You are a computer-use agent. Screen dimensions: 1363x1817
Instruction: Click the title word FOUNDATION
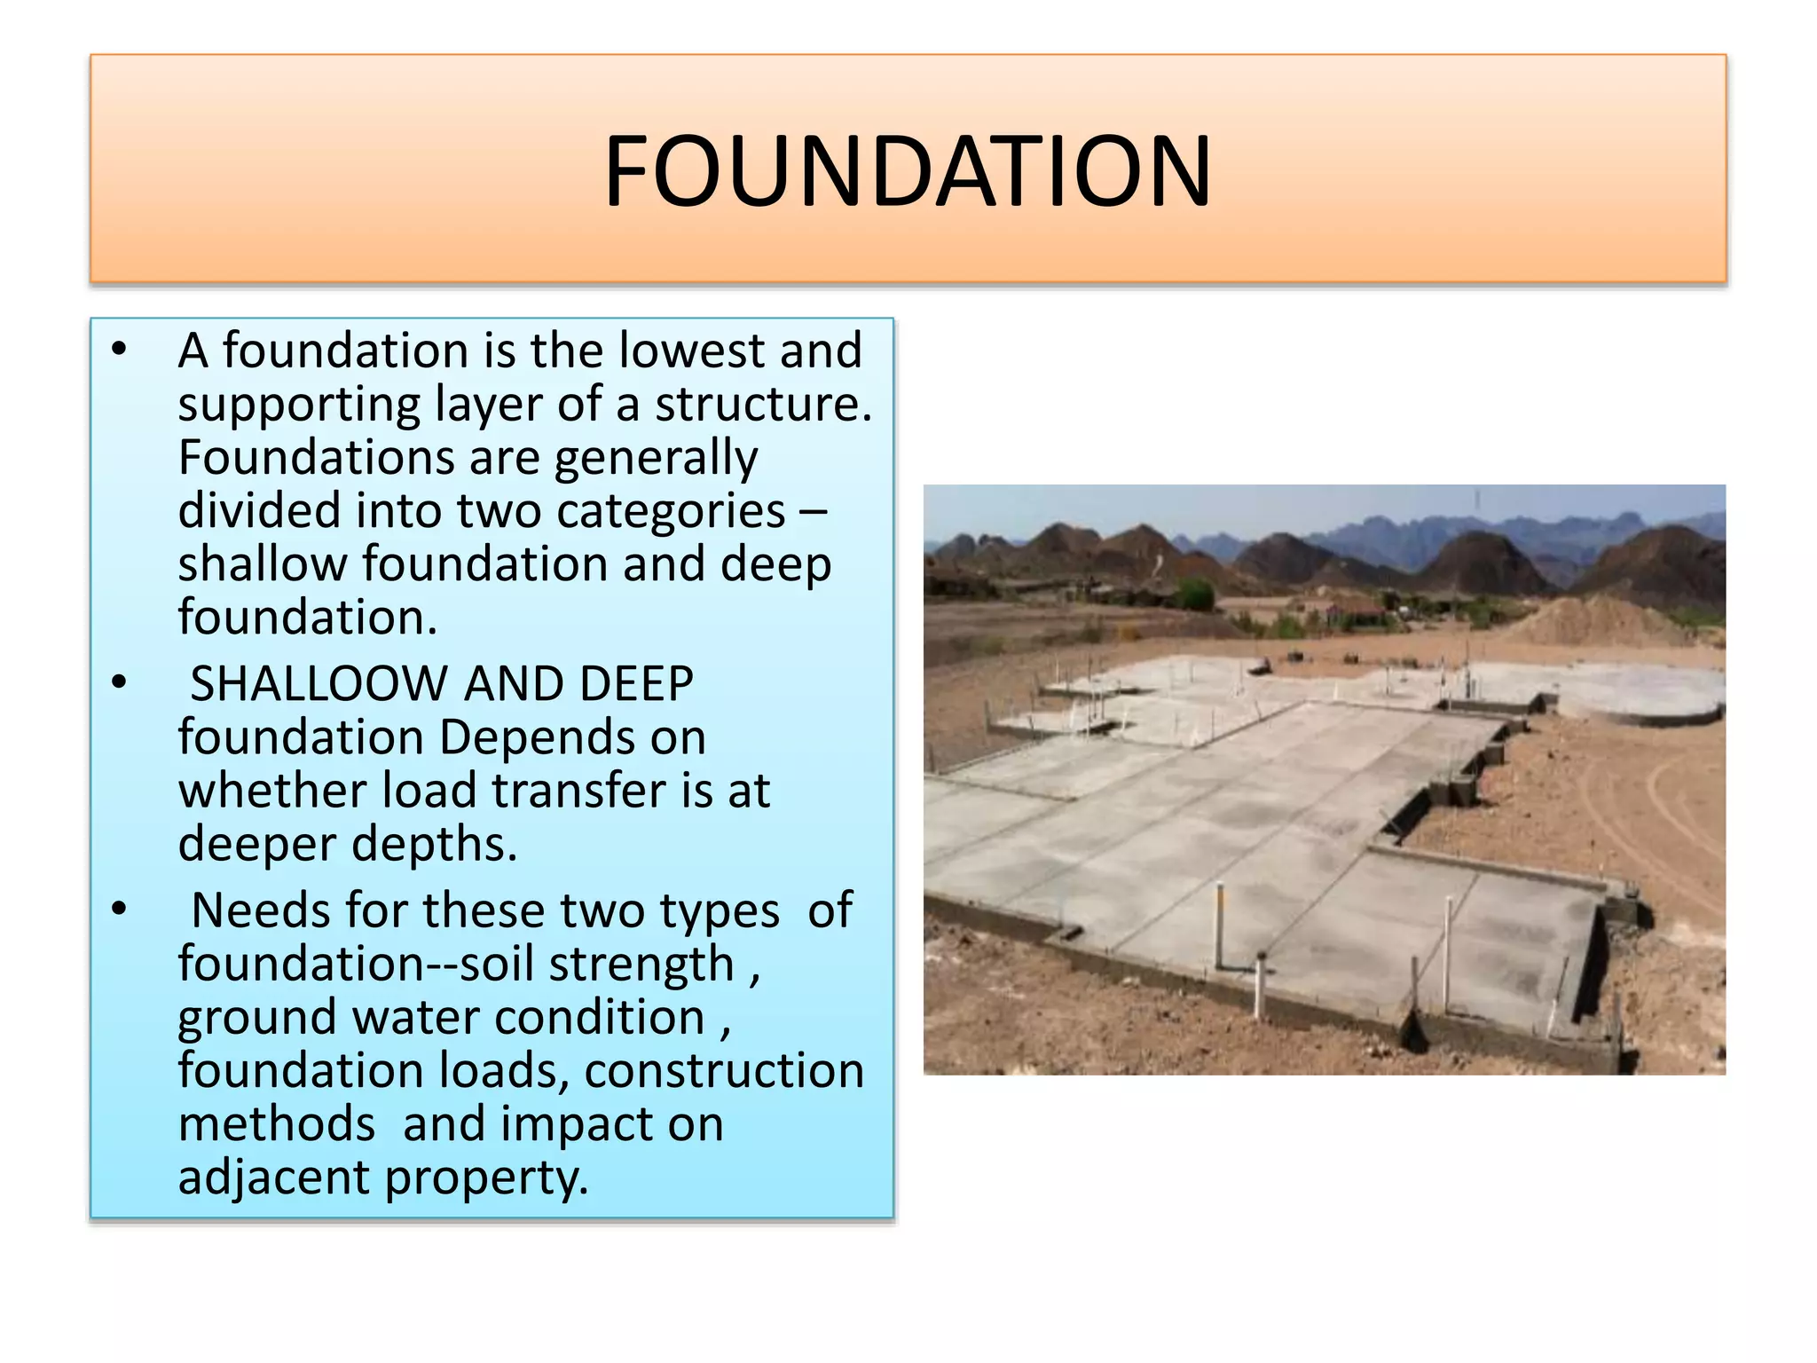pos(908,170)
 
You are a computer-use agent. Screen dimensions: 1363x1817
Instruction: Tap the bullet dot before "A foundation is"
pos(120,348)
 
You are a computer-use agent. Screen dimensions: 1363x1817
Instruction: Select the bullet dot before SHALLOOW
pos(120,681)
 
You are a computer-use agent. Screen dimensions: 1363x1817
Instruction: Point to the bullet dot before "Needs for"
pos(120,908)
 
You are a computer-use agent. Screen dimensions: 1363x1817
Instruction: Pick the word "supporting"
pos(299,405)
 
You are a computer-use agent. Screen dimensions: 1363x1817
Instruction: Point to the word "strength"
pos(641,964)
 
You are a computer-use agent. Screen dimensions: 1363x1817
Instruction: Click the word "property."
pos(487,1179)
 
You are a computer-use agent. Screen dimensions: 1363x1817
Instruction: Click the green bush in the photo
pos(1195,594)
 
